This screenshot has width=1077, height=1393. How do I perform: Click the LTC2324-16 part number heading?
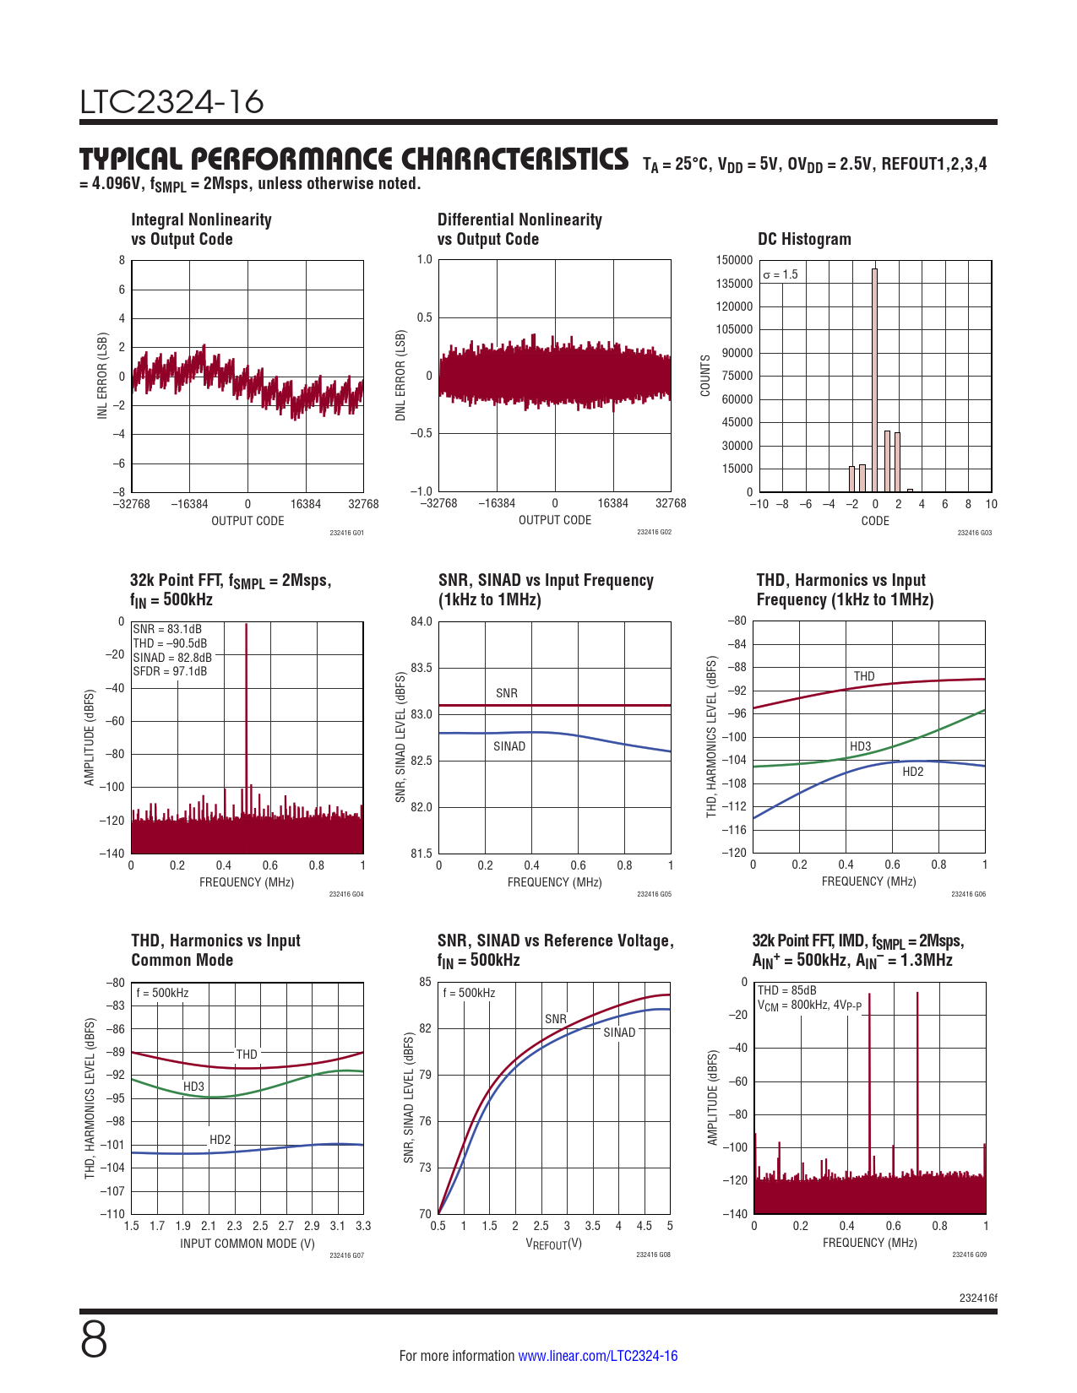(172, 102)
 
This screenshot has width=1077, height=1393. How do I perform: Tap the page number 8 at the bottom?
(94, 1340)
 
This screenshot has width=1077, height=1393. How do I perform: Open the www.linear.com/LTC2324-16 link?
(597, 1356)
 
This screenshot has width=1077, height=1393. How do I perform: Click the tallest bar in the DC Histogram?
(874, 380)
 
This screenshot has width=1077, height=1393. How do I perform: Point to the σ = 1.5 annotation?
(780, 274)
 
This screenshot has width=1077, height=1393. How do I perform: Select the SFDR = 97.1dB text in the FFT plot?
(170, 672)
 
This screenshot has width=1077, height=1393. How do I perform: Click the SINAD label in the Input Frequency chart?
(509, 746)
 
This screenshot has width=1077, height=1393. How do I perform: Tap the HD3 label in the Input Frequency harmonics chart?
(860, 746)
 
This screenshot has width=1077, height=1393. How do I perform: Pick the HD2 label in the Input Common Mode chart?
(220, 1140)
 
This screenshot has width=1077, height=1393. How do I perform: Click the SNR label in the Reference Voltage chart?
(556, 1019)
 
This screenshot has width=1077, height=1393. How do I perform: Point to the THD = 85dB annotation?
(786, 990)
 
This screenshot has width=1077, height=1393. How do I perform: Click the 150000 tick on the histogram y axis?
(733, 260)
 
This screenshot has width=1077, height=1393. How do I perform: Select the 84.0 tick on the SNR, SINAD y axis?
(422, 622)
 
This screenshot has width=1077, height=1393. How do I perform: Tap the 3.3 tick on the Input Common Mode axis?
(363, 1226)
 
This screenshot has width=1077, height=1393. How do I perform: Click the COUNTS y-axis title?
(705, 376)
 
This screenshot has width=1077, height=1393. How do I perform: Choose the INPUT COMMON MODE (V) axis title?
(247, 1244)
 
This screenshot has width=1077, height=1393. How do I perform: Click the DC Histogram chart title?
(804, 239)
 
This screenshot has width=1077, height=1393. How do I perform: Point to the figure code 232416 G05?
(654, 894)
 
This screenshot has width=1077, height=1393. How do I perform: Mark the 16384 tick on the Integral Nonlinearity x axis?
(306, 504)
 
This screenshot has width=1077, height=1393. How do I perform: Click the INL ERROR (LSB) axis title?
(102, 376)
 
